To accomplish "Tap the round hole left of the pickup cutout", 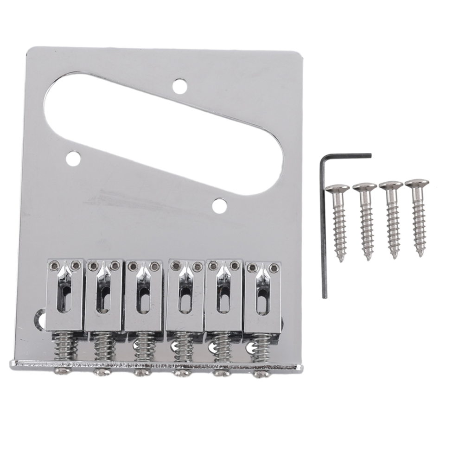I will pos(72,159).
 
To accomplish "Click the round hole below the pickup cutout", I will pos(219,204).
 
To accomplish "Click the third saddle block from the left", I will pos(144,294).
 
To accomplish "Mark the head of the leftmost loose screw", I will pos(338,189).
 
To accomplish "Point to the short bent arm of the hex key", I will pos(348,155).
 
